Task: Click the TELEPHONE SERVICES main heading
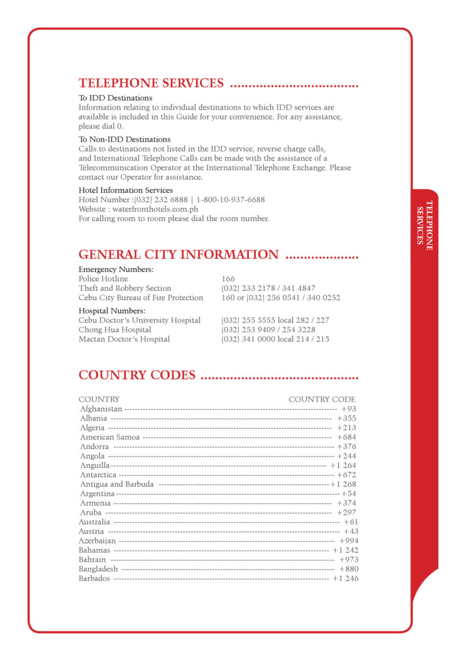(x=151, y=83)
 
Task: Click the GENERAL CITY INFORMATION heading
(x=178, y=254)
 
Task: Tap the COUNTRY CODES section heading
(x=137, y=375)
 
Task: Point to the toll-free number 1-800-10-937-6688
(x=230, y=200)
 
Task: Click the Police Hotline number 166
(x=228, y=279)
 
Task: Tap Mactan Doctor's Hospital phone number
(x=275, y=339)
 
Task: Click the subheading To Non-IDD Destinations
(x=125, y=139)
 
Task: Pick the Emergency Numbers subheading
(x=116, y=269)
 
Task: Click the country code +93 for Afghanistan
(x=349, y=409)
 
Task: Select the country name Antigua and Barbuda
(x=117, y=484)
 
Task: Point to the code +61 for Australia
(x=351, y=522)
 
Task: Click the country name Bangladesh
(x=99, y=569)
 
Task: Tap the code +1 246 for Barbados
(x=345, y=578)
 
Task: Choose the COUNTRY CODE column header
(x=322, y=399)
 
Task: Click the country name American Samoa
(x=109, y=437)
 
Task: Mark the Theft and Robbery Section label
(x=125, y=288)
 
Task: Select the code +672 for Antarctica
(x=347, y=475)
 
